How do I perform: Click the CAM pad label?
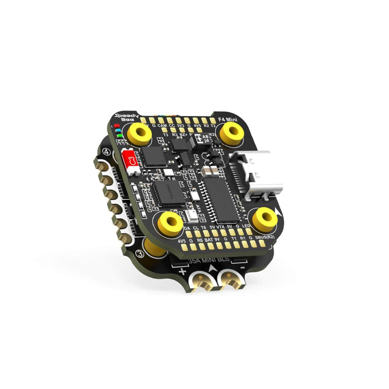tap(163, 125)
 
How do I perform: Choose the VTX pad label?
tap(220, 227)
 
